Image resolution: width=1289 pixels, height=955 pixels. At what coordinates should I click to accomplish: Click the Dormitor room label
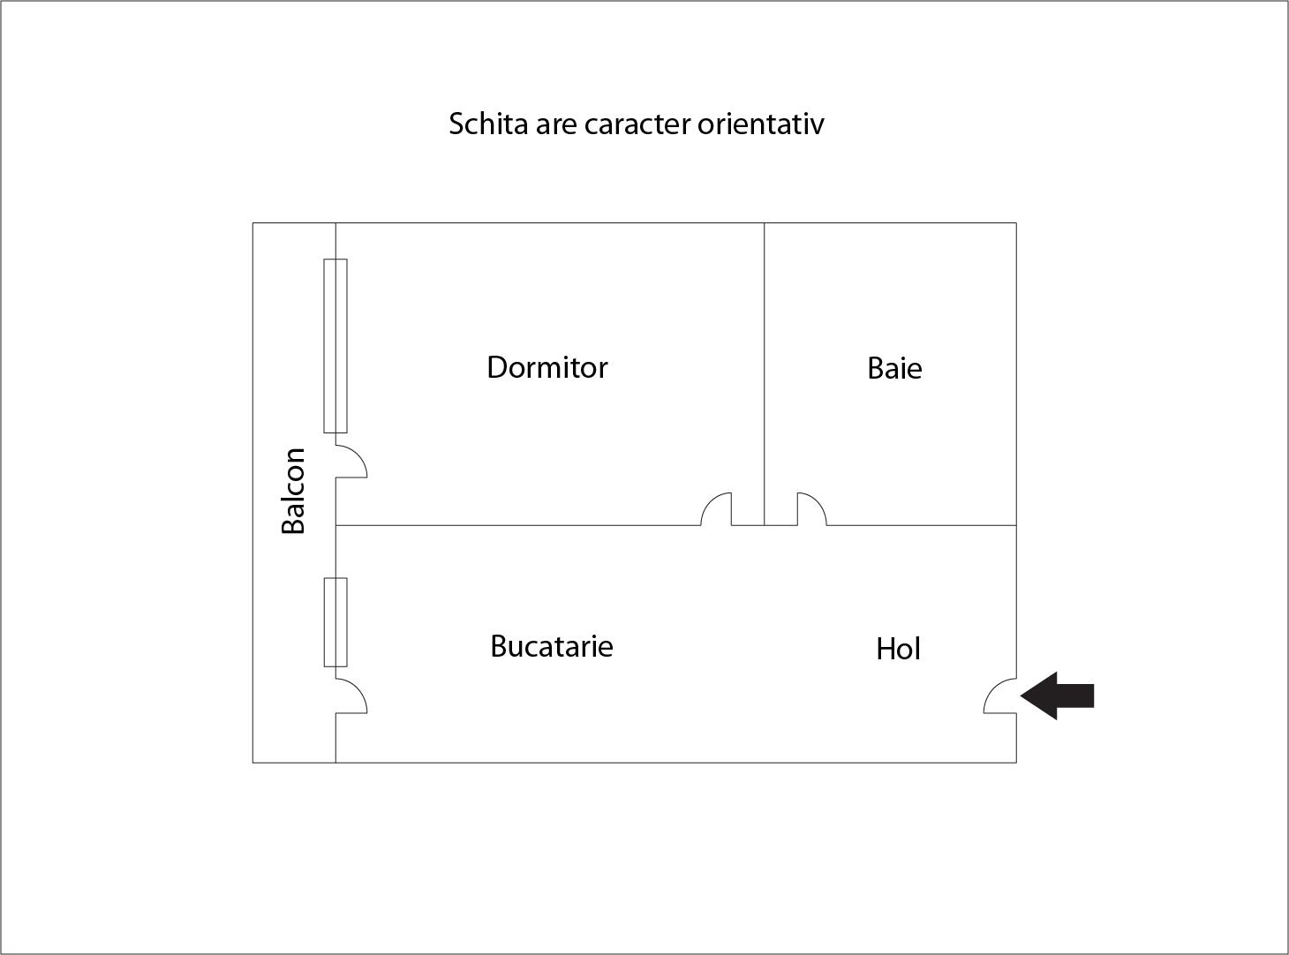pos(547,367)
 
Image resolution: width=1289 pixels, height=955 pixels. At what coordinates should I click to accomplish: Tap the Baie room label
pos(894,369)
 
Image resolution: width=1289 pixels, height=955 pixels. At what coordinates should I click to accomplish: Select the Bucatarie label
pos(552,646)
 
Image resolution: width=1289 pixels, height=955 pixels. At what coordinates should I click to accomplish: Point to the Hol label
pos(898,649)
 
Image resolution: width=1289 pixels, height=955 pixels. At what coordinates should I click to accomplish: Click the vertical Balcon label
pos(293,491)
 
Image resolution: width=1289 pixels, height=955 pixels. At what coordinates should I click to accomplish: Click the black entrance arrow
pos(1057,696)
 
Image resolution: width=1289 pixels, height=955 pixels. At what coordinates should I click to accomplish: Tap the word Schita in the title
pos(488,124)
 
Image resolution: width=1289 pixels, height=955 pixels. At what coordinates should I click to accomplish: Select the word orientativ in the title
pos(760,124)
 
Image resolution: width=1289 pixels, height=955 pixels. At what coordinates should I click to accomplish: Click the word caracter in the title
pos(637,124)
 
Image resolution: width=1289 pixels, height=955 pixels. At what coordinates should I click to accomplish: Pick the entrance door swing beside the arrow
pos(1000,696)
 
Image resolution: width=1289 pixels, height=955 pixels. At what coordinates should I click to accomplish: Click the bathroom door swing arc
pos(811,509)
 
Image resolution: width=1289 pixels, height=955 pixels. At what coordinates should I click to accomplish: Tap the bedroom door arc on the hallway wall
pos(716,509)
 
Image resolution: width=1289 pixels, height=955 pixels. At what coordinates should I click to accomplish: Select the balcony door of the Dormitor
pos(351,462)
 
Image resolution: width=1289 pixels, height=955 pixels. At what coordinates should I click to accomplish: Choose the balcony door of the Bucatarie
pos(351,696)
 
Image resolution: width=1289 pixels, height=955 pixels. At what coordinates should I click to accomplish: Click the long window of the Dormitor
pos(335,346)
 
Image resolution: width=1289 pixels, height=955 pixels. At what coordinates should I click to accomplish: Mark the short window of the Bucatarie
pos(335,622)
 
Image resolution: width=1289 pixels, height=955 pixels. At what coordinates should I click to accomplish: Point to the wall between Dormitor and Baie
pos(765,373)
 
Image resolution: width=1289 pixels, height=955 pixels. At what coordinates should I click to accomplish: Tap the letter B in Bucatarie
pos(498,646)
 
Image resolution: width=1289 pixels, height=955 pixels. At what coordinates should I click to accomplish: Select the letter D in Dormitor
pos(497,367)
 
